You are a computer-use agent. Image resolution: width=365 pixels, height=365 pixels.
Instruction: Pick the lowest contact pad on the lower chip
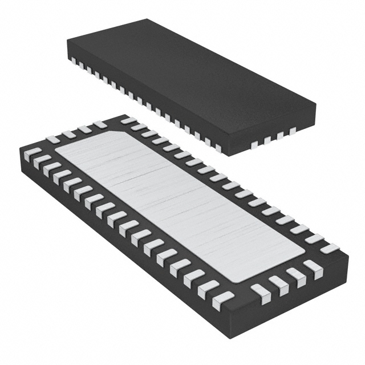(x=222, y=298)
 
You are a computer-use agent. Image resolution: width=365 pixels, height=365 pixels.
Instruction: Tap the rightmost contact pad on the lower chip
(x=329, y=249)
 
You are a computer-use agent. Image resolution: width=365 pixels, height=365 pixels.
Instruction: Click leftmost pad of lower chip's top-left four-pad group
(x=53, y=139)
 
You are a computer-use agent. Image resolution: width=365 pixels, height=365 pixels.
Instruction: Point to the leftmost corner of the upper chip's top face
(x=67, y=41)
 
